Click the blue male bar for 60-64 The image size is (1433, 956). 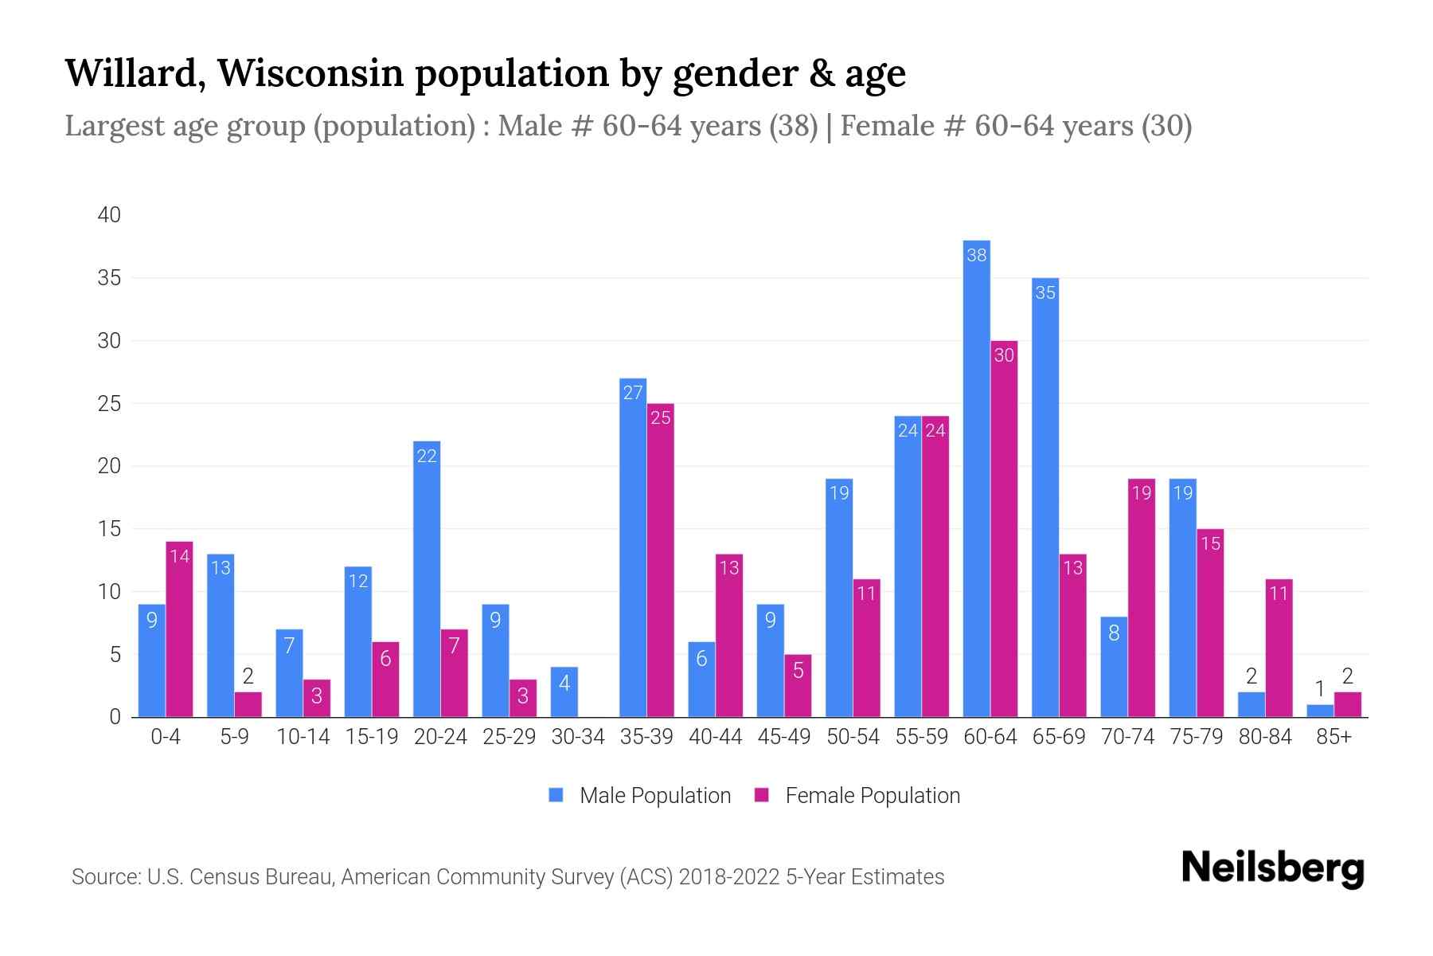coord(976,478)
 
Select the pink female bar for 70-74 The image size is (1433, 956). coord(1142,597)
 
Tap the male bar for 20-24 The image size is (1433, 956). coord(427,579)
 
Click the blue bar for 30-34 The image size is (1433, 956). coord(564,692)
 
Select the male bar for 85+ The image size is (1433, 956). coord(1319,711)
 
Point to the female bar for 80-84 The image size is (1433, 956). coord(1279,648)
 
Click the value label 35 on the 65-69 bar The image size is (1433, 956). coord(1044,293)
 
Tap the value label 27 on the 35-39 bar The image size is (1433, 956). coord(633,393)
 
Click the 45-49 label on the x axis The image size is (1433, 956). coord(783,737)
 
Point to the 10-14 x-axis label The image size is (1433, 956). coord(303,737)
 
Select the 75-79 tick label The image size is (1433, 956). coord(1196,737)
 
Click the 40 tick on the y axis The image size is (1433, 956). coord(109,215)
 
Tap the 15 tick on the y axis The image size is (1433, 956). coord(109,529)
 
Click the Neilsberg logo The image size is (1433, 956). coord(1272,868)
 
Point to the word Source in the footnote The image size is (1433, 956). coord(105,877)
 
